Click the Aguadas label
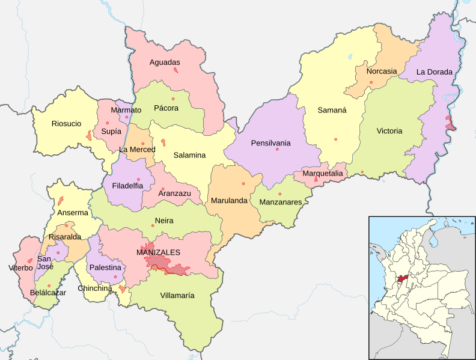point(165,62)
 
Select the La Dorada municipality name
point(434,72)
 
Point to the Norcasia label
point(382,71)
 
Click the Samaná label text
point(329,110)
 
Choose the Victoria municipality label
point(389,131)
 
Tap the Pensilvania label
point(270,143)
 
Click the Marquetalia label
point(323,174)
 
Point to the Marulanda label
point(229,201)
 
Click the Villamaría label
point(177,295)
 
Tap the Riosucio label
point(66,124)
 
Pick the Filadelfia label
point(127,186)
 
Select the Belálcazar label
point(47,293)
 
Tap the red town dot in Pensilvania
point(277,150)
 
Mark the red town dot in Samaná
point(336,139)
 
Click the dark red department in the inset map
point(402,279)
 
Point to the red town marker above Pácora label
point(172,99)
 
